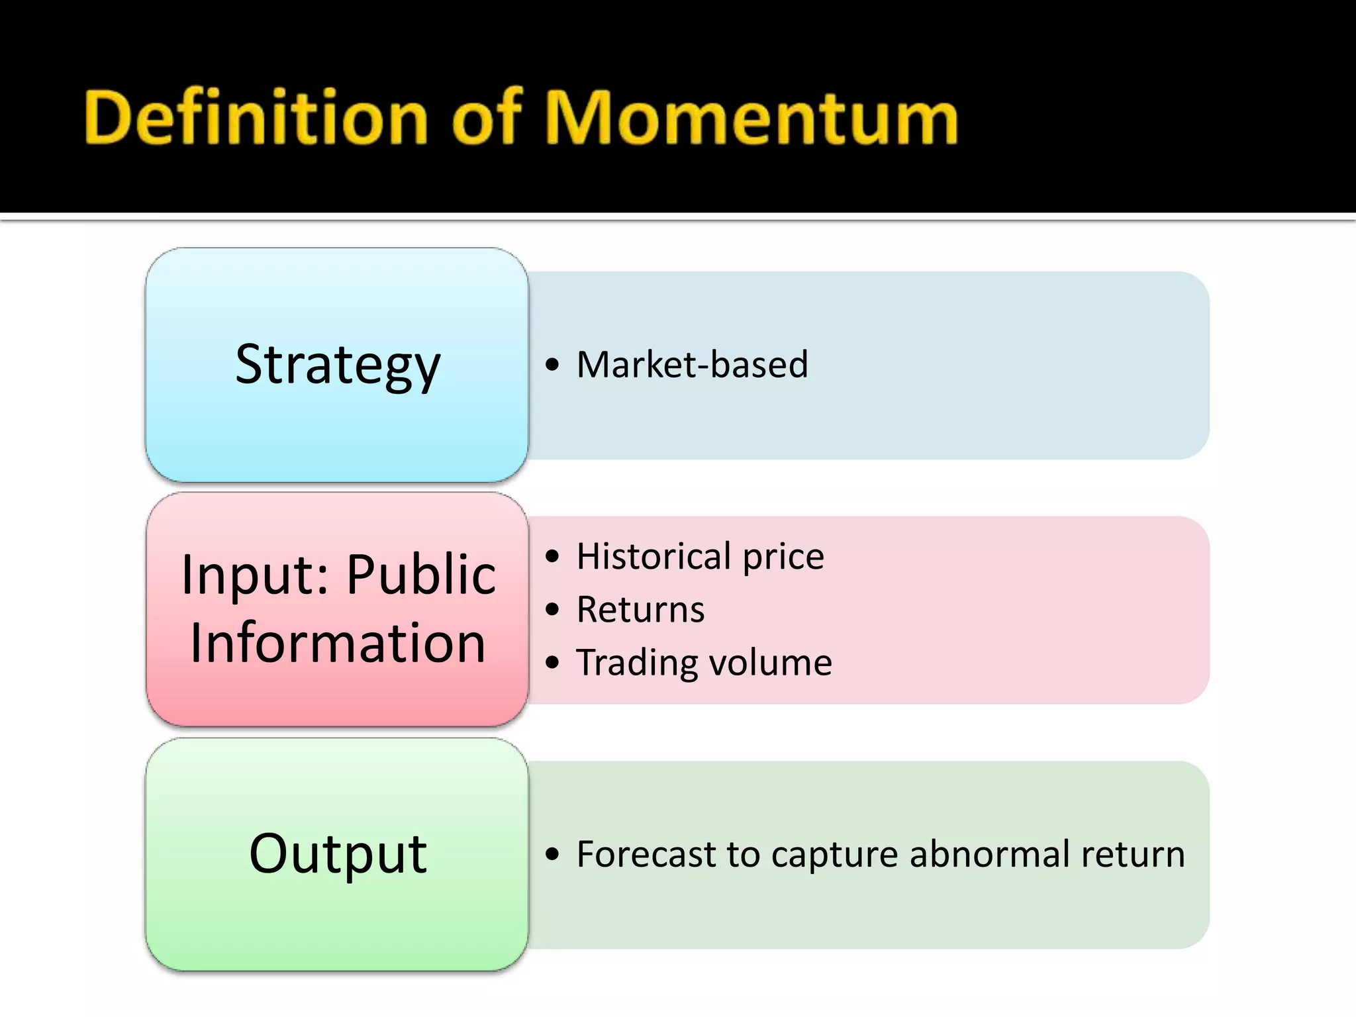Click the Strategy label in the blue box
click(x=338, y=365)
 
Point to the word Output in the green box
click(x=338, y=854)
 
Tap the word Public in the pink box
click(x=421, y=575)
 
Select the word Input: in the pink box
click(x=255, y=575)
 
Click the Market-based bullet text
click(x=692, y=365)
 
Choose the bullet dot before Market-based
click(x=552, y=365)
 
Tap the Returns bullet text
click(x=640, y=609)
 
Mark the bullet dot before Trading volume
click(x=552, y=662)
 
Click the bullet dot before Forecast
click(x=552, y=854)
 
